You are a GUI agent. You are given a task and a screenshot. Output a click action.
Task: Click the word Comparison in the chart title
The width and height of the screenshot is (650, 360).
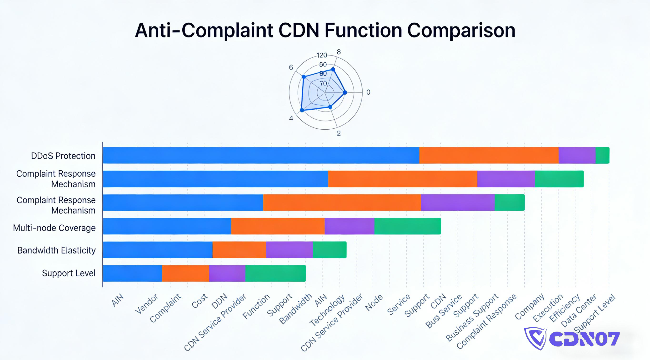pyautogui.click(x=461, y=30)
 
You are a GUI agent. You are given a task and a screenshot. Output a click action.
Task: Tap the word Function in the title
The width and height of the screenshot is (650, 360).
pyautogui.click(x=363, y=30)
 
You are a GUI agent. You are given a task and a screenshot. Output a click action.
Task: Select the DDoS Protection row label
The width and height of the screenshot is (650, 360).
pyautogui.click(x=63, y=156)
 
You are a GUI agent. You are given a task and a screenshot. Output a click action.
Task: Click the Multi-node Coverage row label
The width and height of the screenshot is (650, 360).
pyautogui.click(x=54, y=228)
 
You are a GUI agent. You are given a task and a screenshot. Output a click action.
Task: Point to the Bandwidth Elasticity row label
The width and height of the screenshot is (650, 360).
pyautogui.click(x=56, y=250)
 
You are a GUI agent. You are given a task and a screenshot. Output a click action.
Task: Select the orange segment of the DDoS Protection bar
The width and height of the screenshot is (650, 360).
pyautogui.click(x=489, y=155)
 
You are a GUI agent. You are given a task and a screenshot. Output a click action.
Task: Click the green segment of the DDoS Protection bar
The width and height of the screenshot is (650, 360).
pyautogui.click(x=602, y=155)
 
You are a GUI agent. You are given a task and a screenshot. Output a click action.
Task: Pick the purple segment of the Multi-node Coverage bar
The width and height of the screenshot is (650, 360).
pyautogui.click(x=349, y=226)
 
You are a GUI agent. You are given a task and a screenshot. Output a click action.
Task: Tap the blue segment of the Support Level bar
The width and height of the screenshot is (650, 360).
pyautogui.click(x=132, y=274)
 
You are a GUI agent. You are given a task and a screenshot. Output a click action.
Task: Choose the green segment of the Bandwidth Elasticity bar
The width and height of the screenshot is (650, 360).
pyautogui.click(x=330, y=250)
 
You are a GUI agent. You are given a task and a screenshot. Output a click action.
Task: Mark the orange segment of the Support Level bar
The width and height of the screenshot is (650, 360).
pyautogui.click(x=185, y=274)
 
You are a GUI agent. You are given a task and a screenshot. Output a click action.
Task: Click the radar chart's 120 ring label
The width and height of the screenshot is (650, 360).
pyautogui.click(x=322, y=55)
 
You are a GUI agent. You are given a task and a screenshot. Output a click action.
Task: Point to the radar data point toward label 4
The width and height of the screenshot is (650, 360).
pyautogui.click(x=302, y=110)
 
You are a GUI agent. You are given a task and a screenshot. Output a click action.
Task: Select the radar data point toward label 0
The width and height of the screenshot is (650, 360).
pyautogui.click(x=345, y=93)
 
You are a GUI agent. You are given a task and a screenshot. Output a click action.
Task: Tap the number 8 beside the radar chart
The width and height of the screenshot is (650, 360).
pyautogui.click(x=339, y=52)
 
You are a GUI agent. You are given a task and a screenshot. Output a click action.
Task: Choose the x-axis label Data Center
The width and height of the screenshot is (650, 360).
pyautogui.click(x=578, y=310)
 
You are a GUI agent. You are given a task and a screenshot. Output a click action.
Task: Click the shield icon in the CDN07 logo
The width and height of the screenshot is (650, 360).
pyautogui.click(x=535, y=338)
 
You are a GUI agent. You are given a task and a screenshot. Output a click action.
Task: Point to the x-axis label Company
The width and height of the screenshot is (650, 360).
pyautogui.click(x=529, y=307)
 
